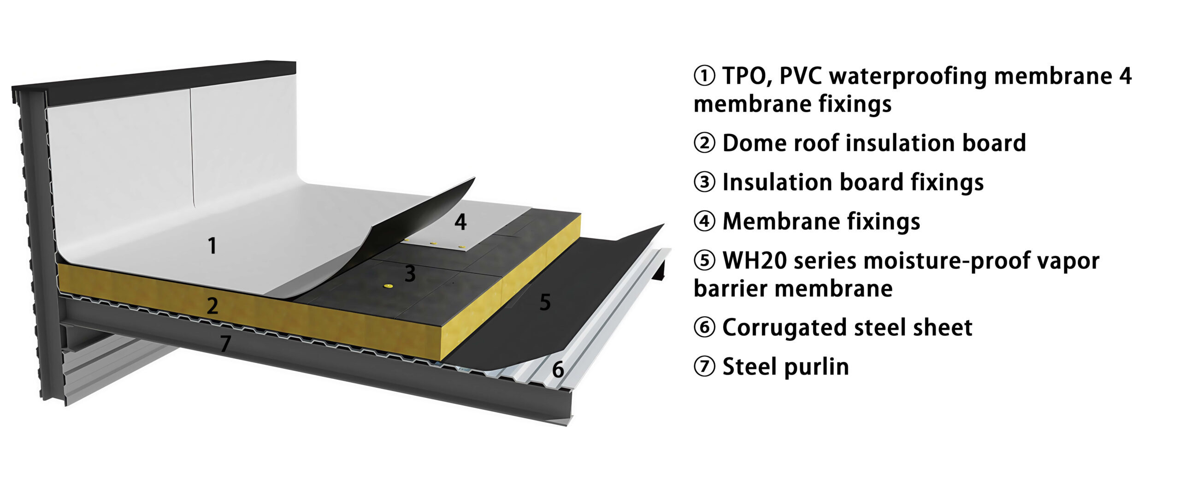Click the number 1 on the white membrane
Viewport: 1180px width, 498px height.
point(212,245)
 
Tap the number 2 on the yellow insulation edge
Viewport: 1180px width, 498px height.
point(212,306)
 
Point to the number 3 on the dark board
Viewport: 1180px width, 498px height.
point(410,273)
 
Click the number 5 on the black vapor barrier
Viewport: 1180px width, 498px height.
point(545,302)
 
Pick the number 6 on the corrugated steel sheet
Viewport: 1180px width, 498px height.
point(558,369)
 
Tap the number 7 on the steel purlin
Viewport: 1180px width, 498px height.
point(225,344)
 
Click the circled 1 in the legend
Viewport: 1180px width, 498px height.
point(704,76)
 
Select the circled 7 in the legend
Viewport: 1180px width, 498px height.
point(704,367)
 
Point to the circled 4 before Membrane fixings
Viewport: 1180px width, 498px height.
point(704,221)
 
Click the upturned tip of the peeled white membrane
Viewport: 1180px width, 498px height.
point(473,178)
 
